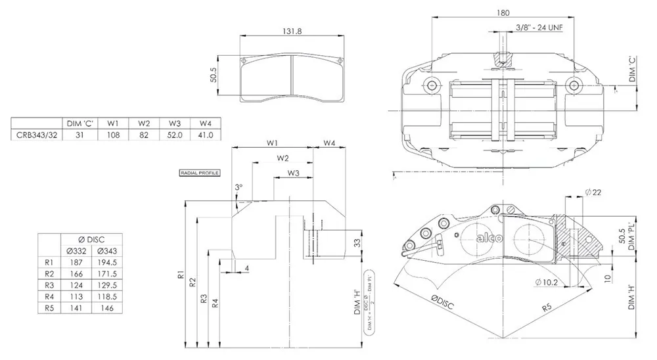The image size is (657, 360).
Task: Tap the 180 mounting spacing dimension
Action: pos(503,12)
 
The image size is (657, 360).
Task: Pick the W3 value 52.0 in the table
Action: pos(174,135)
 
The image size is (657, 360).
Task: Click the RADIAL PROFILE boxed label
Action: pos(199,173)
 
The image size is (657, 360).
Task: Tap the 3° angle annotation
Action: pos(238,187)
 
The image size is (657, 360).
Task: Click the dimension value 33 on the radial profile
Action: pos(357,242)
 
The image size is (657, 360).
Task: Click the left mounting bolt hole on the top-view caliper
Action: pos(431,85)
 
